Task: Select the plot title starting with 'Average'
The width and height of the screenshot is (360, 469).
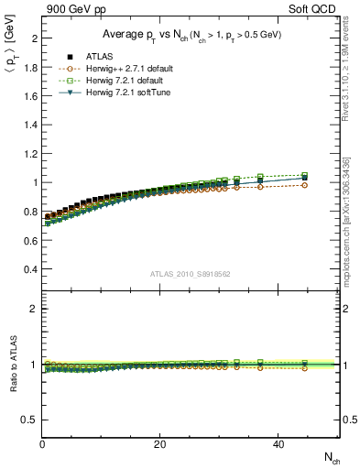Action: [x=191, y=34]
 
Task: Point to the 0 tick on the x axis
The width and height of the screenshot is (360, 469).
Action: [x=42, y=444]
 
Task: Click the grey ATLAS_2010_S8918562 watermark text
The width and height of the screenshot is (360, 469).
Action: [x=190, y=274]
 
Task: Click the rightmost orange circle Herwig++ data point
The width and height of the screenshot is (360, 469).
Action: [x=305, y=185]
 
